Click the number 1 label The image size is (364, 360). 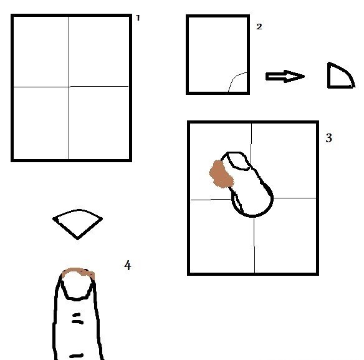pos(138,18)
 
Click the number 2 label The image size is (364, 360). pos(259,27)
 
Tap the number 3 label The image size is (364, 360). pos(328,138)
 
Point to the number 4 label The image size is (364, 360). pos(127,265)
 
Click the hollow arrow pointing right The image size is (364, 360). pos(285,76)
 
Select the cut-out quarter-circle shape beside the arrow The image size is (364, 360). pos(341,75)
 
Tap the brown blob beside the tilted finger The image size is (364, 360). pos(221,174)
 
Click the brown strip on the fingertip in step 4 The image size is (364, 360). pos(79,272)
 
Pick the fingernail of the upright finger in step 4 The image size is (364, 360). pos(77,285)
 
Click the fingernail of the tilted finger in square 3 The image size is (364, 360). pos(237,160)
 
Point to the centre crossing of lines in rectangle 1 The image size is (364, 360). pos(69,87)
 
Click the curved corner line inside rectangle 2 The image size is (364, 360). pos(236,79)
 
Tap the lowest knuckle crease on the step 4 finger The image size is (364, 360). pos(77,356)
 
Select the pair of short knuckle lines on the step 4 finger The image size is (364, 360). pos(77,319)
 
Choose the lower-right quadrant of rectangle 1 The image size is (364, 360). pos(99,123)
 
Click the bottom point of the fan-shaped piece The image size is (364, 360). pos(77,239)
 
